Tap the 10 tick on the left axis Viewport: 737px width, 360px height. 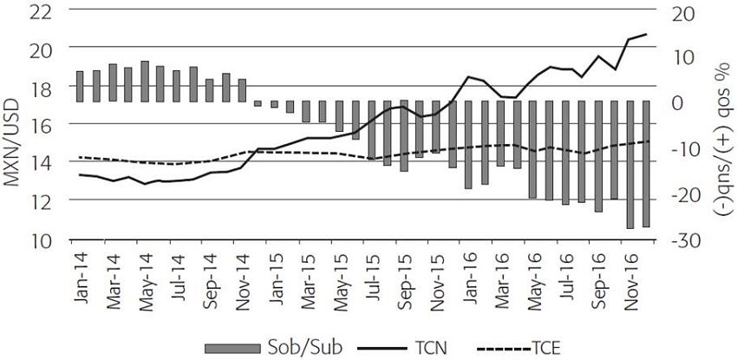(x=40, y=240)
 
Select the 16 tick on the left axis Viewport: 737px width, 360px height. (x=40, y=127)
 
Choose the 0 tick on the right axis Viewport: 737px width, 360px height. (x=686, y=103)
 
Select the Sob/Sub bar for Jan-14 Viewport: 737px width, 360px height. (x=80, y=86)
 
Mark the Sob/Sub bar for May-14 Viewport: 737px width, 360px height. (x=144, y=81)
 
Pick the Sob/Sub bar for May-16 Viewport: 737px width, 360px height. (x=532, y=149)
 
